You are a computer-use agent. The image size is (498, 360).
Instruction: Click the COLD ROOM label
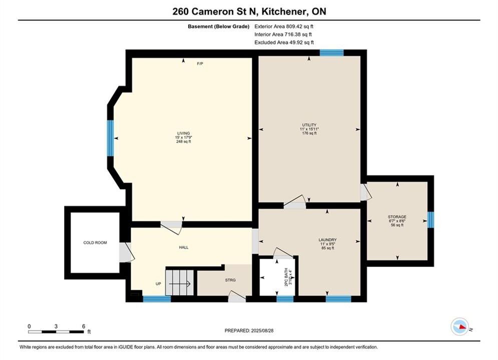pos(95,242)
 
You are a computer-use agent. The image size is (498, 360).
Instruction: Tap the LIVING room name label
pos(184,133)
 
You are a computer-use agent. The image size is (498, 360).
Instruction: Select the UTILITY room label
pos(309,125)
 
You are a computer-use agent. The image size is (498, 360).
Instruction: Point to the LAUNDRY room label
pos(327,240)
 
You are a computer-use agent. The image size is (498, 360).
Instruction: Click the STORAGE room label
pos(397,217)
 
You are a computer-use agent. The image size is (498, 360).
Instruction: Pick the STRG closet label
pos(230,280)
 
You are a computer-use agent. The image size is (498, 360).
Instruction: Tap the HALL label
pos(184,247)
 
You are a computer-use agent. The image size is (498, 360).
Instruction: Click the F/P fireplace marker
pos(200,64)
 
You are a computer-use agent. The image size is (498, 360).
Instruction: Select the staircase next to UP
pos(180,282)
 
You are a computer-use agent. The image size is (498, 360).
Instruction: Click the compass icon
pos(460,326)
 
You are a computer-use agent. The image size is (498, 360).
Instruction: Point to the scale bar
pos(56,332)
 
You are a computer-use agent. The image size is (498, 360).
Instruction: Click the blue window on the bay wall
pos(110,138)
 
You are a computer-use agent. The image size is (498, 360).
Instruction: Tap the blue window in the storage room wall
pos(430,220)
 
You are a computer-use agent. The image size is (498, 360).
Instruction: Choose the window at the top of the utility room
pos(331,52)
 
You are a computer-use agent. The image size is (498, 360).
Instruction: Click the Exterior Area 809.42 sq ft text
pos(284,26)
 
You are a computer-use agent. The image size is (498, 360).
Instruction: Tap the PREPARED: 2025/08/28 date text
pos(249,330)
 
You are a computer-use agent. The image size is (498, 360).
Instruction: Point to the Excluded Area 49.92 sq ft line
pos(284,42)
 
